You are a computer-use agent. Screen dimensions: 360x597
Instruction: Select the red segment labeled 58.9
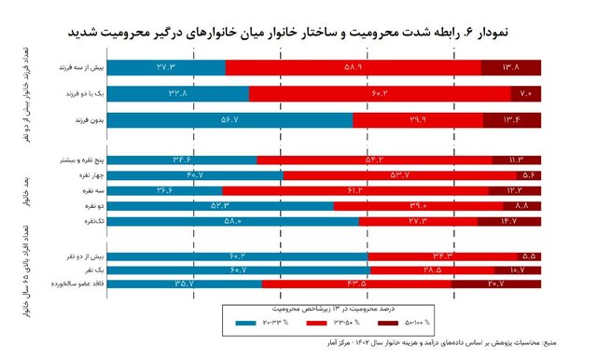pos(354,67)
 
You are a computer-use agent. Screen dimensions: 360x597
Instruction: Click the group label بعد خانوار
pos(20,191)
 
